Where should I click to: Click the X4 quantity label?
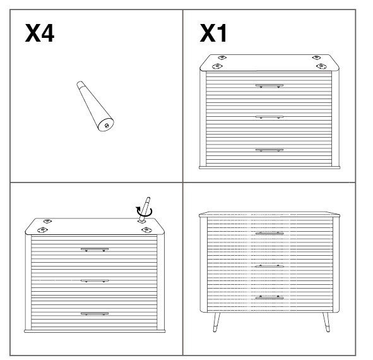(40, 33)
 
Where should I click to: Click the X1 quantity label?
(213, 33)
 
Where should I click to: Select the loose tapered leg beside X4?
(95, 106)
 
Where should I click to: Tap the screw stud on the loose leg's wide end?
(107, 126)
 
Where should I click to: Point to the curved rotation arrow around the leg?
(144, 212)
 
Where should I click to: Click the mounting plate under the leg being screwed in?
(141, 222)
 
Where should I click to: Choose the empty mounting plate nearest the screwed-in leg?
(146, 230)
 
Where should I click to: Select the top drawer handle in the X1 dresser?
(269, 85)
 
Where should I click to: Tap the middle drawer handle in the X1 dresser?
(269, 117)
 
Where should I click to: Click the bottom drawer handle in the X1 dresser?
(269, 150)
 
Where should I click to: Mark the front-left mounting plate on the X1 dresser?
(216, 66)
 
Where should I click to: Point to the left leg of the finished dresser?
(216, 322)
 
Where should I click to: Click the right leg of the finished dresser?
(326, 322)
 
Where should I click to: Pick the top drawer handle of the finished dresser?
(269, 233)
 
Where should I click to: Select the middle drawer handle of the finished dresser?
(269, 266)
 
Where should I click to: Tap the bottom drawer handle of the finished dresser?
(269, 297)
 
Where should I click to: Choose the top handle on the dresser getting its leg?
(95, 249)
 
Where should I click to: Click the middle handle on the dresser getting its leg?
(95, 280)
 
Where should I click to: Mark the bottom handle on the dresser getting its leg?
(95, 314)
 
